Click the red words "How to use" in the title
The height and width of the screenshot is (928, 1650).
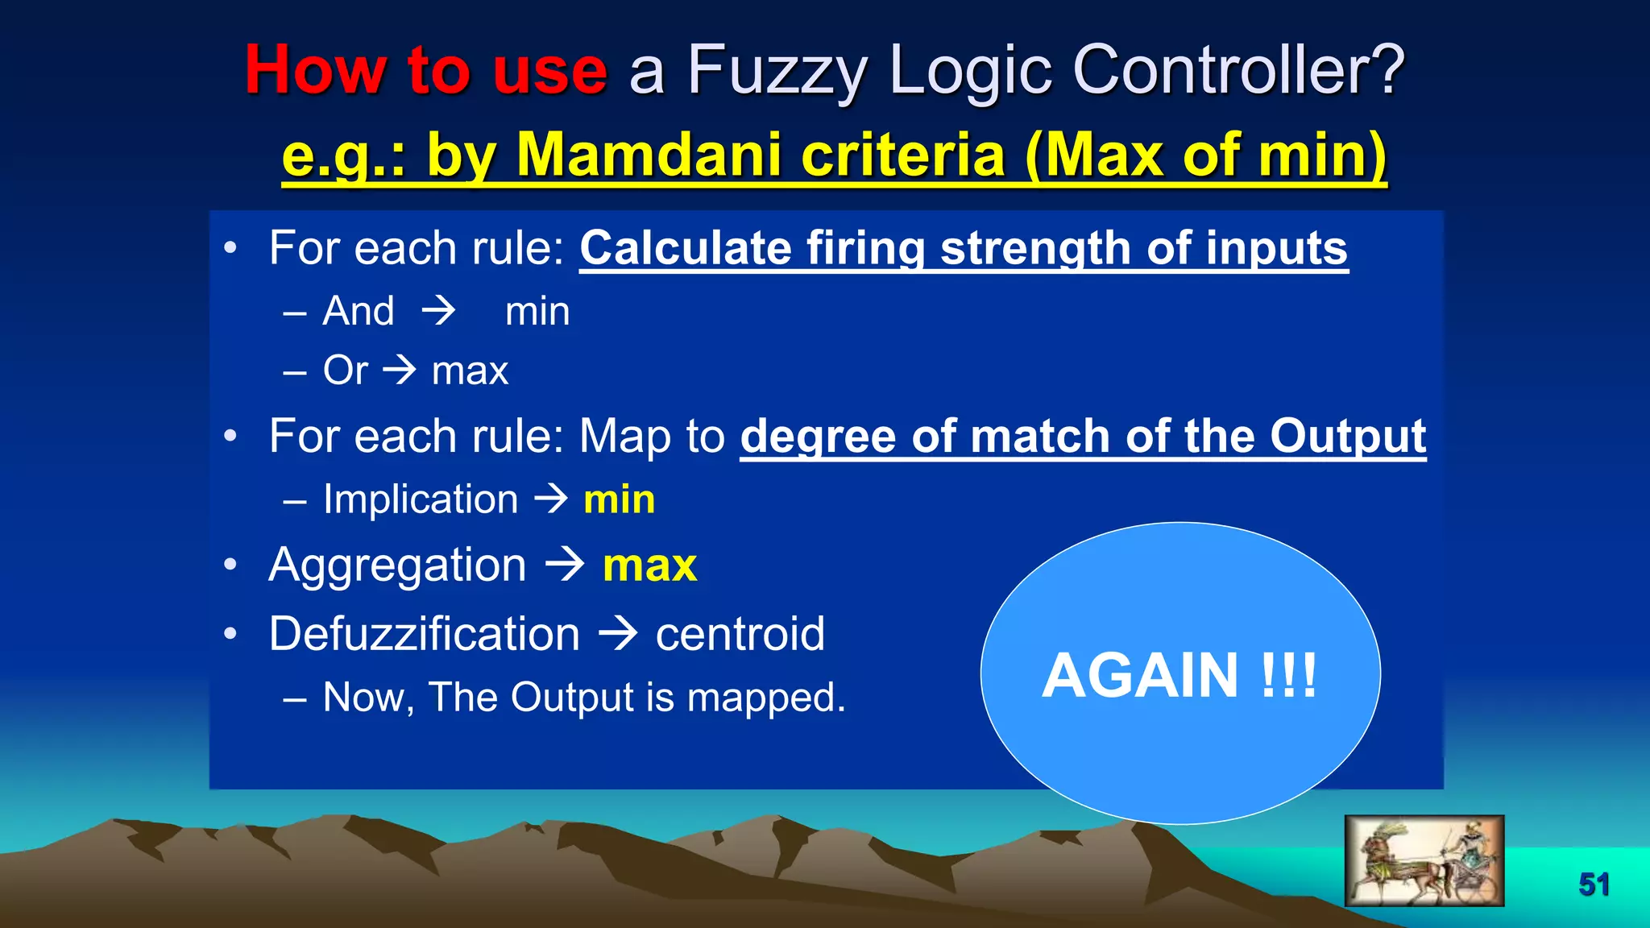425,71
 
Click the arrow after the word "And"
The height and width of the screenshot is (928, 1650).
439,311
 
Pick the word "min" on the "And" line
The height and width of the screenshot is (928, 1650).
537,312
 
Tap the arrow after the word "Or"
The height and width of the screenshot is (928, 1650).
400,371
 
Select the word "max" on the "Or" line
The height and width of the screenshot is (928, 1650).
470,371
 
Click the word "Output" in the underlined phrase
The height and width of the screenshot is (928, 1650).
1347,436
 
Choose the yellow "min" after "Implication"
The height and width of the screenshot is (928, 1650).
619,499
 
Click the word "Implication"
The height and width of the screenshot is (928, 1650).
421,499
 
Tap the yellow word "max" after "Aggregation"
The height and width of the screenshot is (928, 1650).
649,565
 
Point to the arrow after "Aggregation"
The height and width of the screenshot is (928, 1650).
565,565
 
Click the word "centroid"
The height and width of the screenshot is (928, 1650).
740,634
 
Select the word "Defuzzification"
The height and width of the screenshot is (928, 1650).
424,634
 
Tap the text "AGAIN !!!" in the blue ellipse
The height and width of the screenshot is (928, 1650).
1179,675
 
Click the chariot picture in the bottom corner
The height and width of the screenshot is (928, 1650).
1424,860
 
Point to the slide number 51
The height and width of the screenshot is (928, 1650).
1594,884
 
